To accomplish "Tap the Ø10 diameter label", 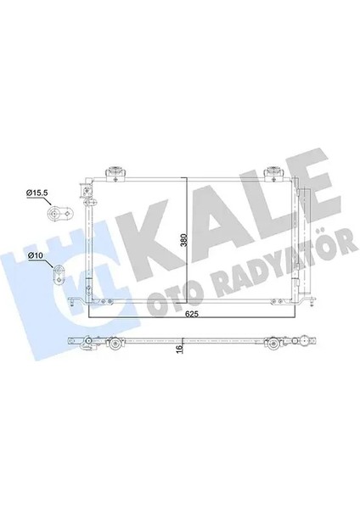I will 36,255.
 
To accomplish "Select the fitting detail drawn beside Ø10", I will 61,274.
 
